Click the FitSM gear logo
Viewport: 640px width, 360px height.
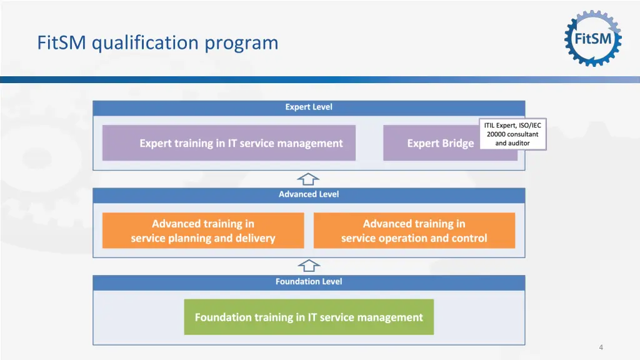(593, 39)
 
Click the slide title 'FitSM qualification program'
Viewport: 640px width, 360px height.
(157, 42)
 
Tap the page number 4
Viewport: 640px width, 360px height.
(601, 347)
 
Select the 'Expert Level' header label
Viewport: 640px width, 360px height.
(309, 107)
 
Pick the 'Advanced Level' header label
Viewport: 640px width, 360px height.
(309, 194)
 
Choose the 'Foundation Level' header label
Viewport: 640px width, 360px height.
(309, 282)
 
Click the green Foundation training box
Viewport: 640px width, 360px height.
(309, 317)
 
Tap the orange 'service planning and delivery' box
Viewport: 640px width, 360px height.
(203, 231)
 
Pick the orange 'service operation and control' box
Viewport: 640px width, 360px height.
(414, 231)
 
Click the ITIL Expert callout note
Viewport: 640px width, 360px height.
(512, 134)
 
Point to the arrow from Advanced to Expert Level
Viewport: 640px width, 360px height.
(308, 179)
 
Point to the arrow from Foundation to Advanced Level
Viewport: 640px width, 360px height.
(308, 266)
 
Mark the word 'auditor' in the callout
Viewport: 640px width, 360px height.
(518, 143)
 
